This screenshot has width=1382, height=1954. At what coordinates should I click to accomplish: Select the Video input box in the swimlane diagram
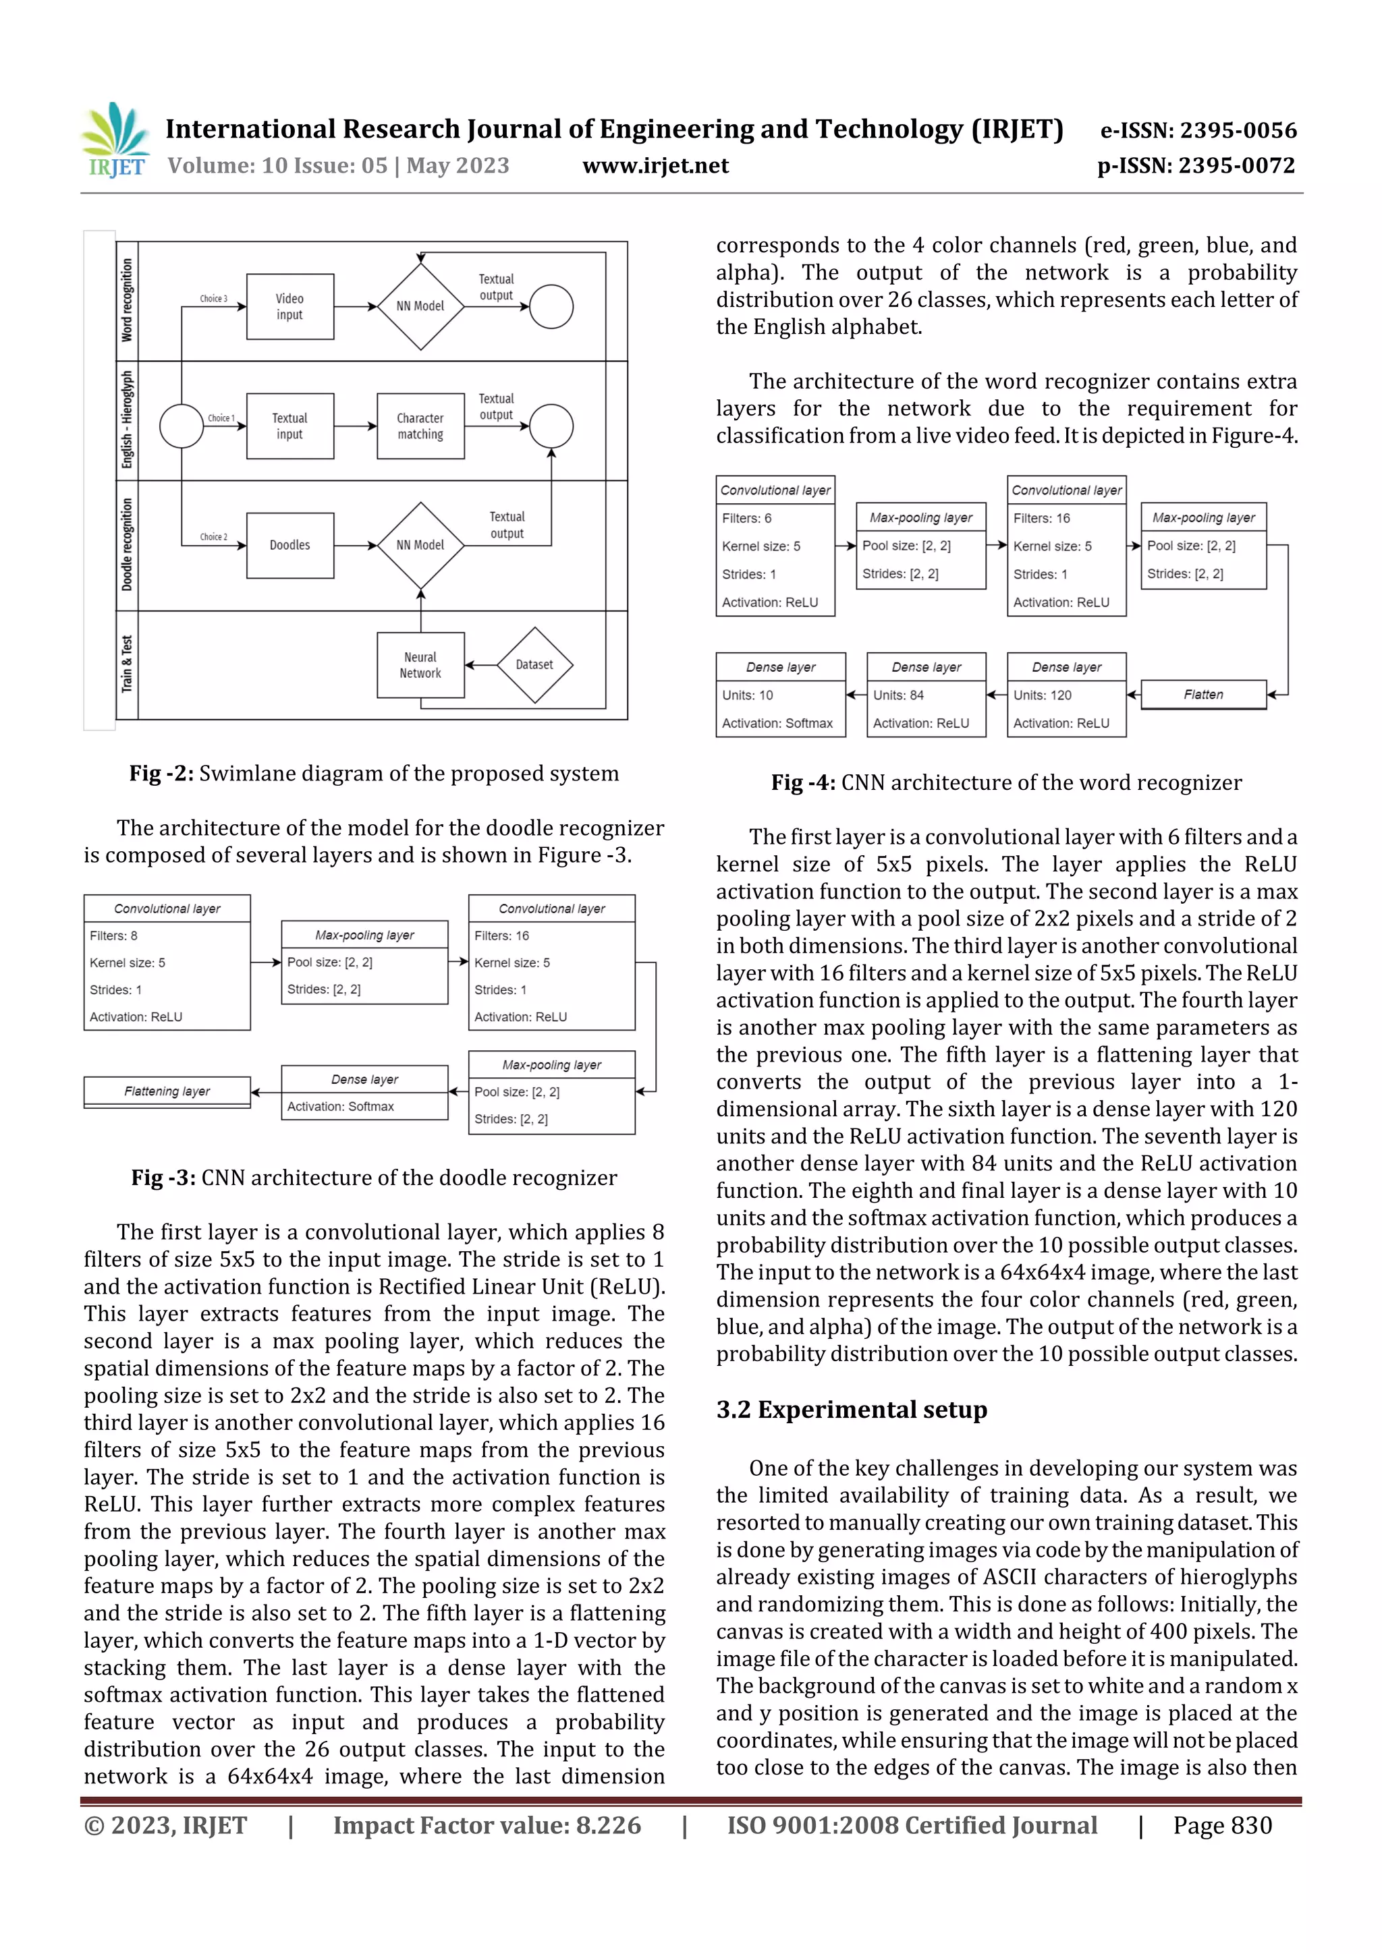point(289,307)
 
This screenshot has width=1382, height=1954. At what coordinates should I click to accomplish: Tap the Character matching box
point(420,426)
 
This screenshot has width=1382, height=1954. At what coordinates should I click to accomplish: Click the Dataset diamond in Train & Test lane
point(534,664)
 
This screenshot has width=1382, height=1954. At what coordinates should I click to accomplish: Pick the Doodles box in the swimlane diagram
point(289,546)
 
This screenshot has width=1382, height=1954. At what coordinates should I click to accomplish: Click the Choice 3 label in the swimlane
point(213,299)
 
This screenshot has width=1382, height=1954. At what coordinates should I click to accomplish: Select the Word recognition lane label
point(127,300)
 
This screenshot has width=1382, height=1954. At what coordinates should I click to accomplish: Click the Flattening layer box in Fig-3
point(167,1091)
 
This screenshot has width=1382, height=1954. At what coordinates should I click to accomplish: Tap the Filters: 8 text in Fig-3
point(113,936)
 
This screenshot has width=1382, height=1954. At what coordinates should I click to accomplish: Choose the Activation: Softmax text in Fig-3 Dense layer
point(341,1106)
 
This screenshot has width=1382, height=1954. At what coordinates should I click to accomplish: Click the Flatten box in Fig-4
point(1203,695)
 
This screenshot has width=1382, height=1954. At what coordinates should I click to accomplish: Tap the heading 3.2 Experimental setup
point(851,1410)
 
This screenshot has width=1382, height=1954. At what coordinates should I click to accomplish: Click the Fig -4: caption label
point(802,783)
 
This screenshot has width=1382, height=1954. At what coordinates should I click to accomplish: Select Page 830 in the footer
point(1222,1825)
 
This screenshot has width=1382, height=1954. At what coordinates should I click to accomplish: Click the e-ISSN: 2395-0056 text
point(1198,130)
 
